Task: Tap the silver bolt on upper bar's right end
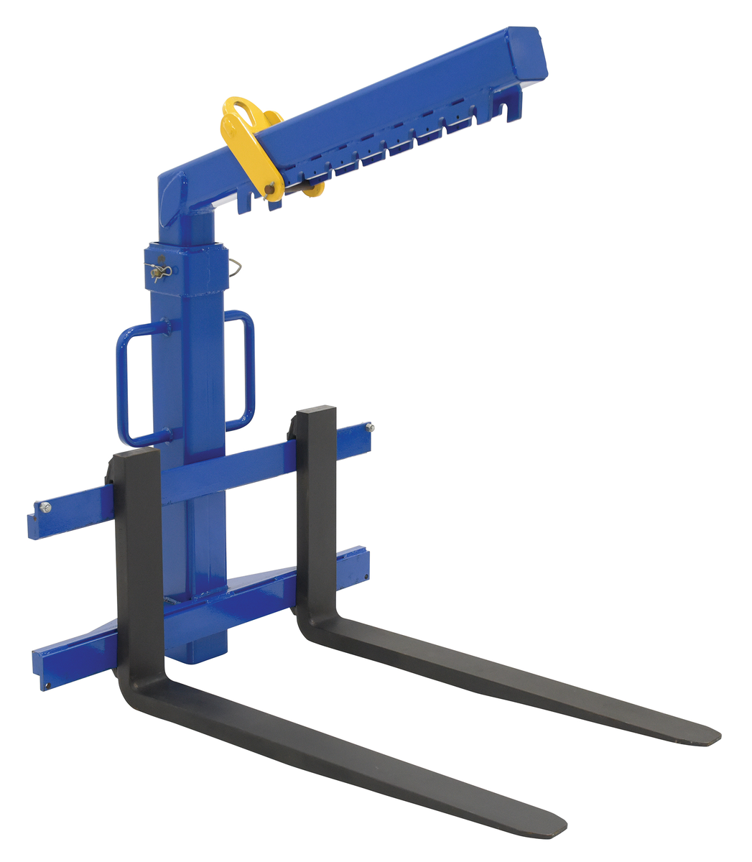(x=369, y=428)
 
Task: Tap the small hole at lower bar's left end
(x=46, y=685)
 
